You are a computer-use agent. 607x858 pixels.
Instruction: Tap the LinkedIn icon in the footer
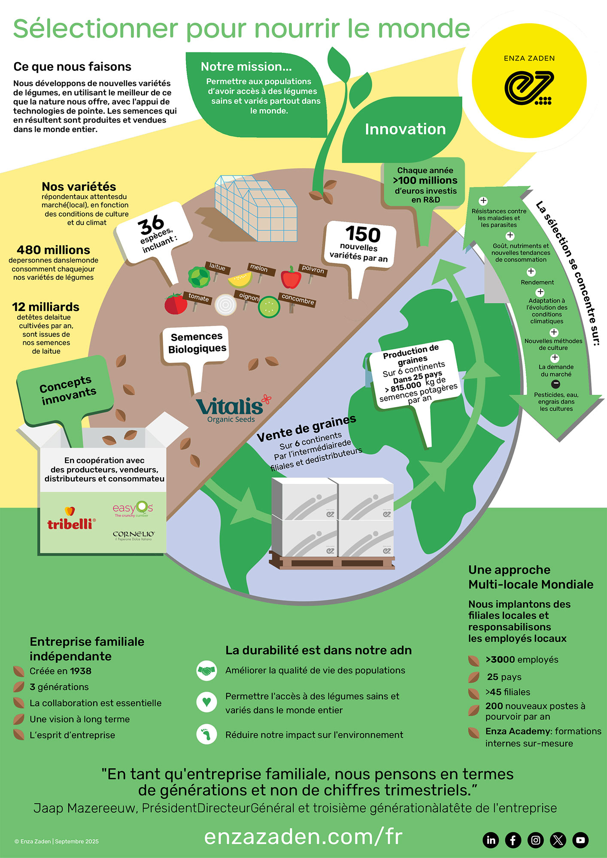click(x=491, y=840)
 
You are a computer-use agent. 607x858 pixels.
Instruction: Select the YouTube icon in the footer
click(x=580, y=840)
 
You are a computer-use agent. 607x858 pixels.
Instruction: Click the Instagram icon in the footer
click(x=536, y=840)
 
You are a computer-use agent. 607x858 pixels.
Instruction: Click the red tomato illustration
click(x=176, y=304)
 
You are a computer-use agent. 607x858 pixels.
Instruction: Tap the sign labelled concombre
click(x=297, y=299)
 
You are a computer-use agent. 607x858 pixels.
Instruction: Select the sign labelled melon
click(x=259, y=268)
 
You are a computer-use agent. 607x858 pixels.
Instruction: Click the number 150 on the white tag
click(x=363, y=234)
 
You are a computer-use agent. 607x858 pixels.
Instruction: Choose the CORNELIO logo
click(x=134, y=535)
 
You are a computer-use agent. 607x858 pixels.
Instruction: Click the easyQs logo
click(x=133, y=509)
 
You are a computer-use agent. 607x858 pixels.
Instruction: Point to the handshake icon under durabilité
click(x=206, y=671)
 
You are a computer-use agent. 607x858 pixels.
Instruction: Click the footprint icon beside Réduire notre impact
click(x=206, y=734)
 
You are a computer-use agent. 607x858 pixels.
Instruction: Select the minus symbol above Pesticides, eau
click(x=555, y=384)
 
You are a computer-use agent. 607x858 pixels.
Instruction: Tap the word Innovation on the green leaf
click(x=405, y=129)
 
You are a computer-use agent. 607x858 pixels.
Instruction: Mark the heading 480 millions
click(x=53, y=250)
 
